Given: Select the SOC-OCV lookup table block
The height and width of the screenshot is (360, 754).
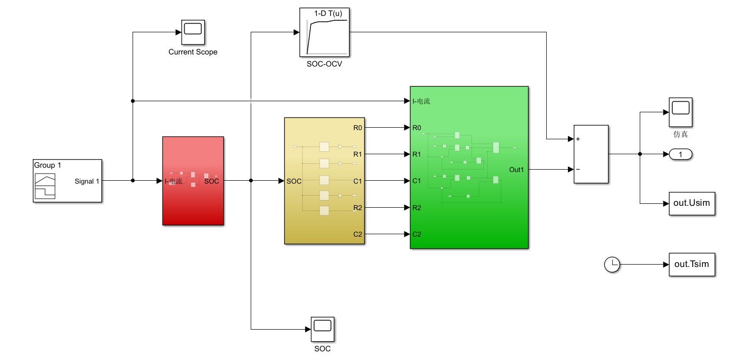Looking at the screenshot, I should (x=324, y=32).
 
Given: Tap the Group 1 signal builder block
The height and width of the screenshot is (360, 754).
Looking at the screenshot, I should (x=67, y=181).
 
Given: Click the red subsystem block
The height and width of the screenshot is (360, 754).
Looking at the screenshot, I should (x=193, y=181).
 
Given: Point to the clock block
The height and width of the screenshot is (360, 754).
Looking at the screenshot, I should (x=612, y=265).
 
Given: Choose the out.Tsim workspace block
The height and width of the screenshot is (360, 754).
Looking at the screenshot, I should (x=692, y=265).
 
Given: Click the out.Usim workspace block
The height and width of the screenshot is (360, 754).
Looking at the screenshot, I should (x=692, y=203).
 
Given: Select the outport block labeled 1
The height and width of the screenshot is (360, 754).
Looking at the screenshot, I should (x=681, y=154).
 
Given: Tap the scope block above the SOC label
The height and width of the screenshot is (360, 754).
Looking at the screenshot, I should (x=323, y=329).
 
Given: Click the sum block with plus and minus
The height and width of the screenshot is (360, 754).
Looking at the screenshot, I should (x=591, y=154).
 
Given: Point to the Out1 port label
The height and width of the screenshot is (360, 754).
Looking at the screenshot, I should (x=516, y=170).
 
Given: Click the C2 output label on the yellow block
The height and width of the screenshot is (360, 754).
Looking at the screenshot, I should (x=357, y=235).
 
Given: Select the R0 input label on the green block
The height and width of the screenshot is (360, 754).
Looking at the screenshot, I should (x=417, y=128).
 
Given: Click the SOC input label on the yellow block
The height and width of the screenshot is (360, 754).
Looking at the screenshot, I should (x=294, y=182).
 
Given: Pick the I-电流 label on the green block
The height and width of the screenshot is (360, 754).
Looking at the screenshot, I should (x=421, y=101).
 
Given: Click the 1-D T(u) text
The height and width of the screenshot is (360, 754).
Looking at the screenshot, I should (x=328, y=14).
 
